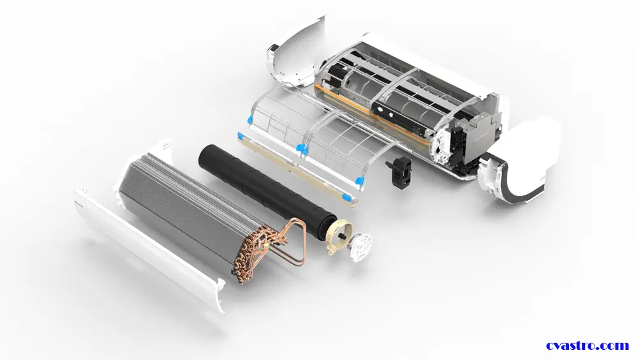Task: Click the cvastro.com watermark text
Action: [588, 346]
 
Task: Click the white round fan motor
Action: [360, 247]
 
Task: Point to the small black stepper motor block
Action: [398, 172]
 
